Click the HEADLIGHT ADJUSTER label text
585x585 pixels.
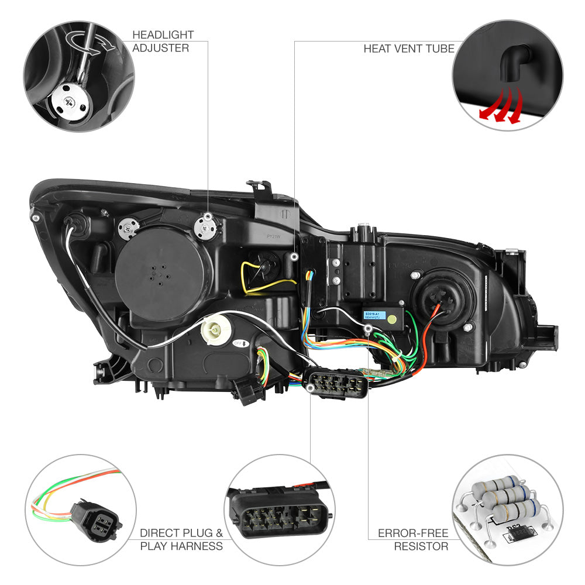point(163,42)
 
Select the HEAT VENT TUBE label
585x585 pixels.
point(408,49)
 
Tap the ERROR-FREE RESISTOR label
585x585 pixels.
point(413,539)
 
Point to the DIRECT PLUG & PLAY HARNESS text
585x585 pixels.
point(181,539)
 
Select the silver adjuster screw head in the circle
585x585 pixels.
point(76,101)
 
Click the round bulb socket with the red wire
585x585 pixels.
point(438,301)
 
